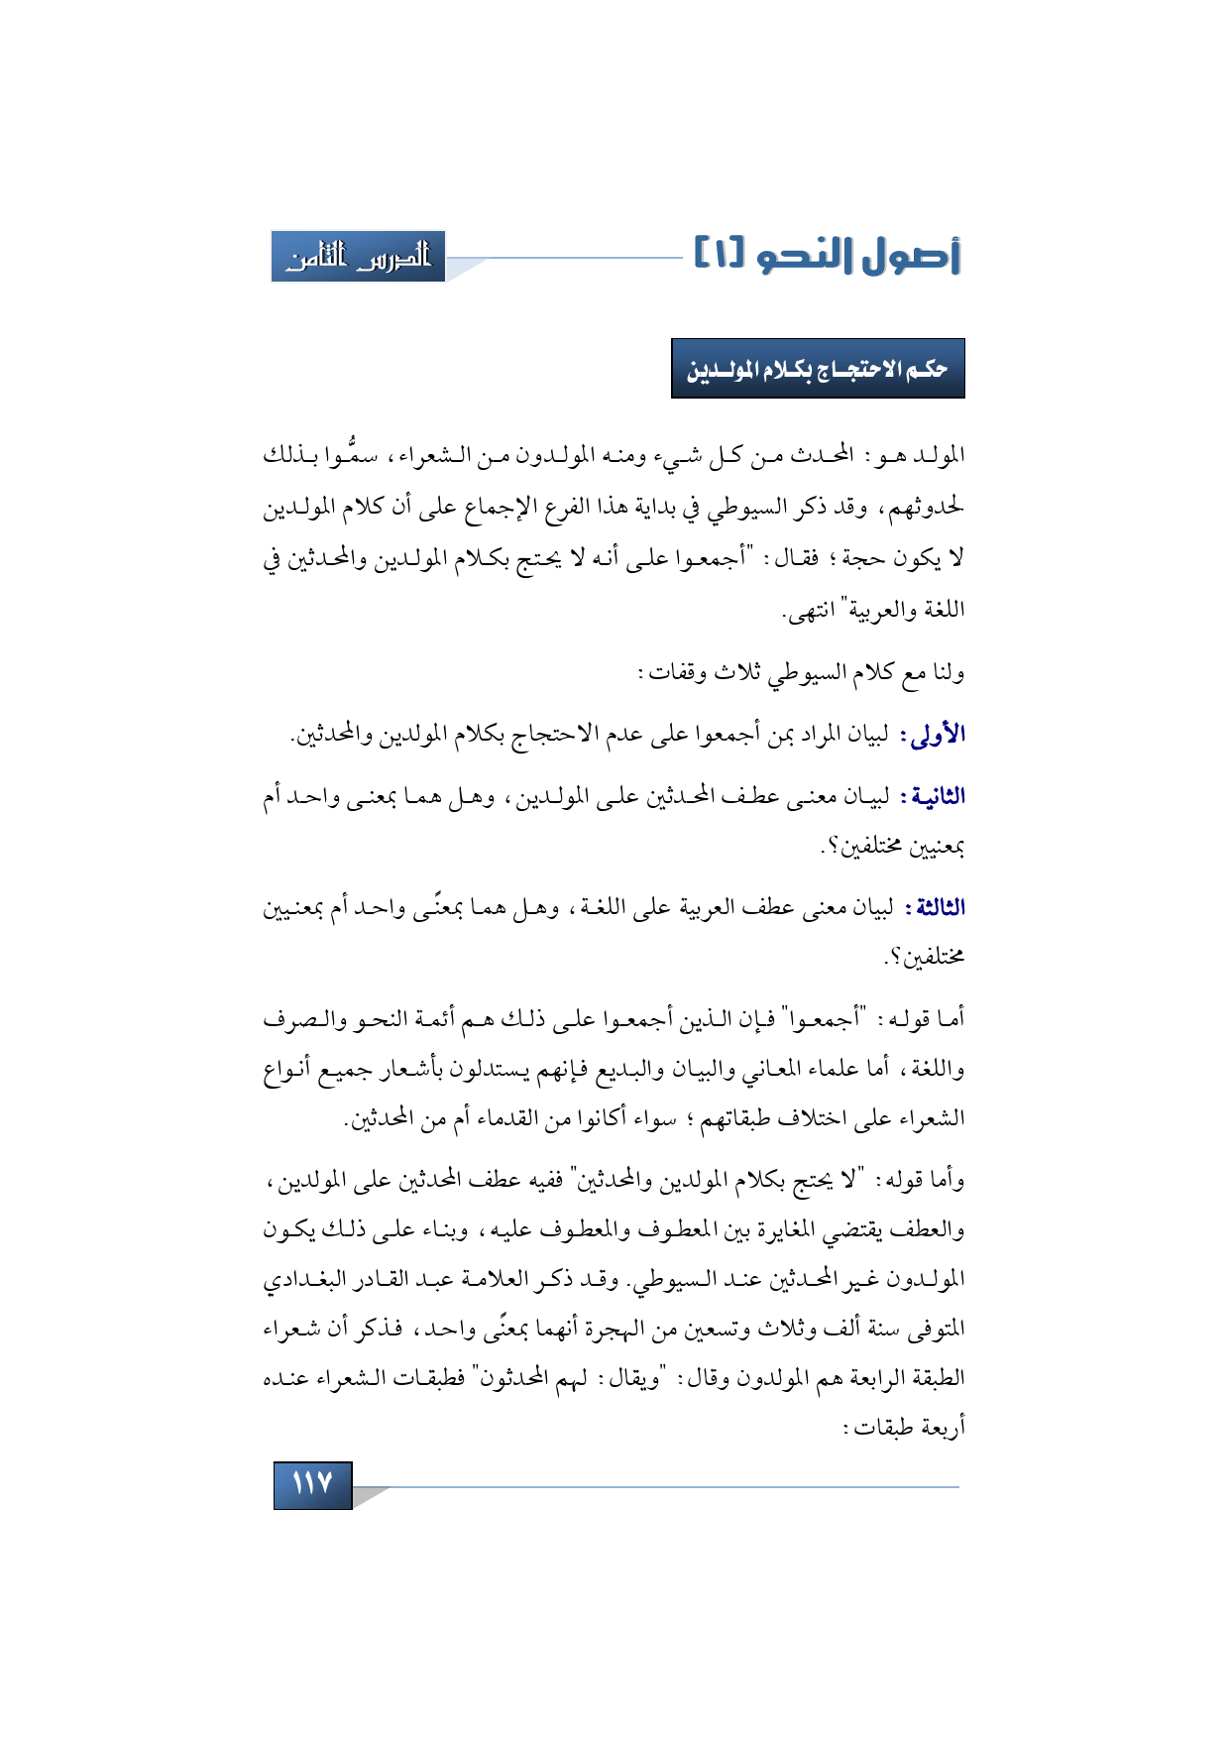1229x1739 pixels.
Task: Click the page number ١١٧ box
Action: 312,1484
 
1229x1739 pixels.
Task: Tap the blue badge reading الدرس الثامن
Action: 358,257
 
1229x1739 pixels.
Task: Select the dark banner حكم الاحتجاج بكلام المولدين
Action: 818,369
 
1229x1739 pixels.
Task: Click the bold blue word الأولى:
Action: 933,735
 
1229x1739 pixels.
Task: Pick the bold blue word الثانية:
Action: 931,796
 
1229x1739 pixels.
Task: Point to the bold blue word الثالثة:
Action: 934,907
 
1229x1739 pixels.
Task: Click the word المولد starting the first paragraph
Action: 938,455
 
